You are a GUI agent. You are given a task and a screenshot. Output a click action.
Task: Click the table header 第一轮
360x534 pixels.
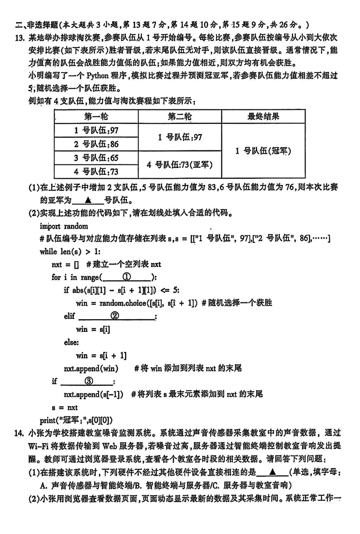click(96, 117)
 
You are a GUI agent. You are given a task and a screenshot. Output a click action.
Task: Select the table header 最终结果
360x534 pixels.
click(263, 117)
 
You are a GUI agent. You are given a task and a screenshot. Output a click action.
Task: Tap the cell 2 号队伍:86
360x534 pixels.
click(96, 144)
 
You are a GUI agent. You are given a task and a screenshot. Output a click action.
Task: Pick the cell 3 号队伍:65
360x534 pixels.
click(96, 158)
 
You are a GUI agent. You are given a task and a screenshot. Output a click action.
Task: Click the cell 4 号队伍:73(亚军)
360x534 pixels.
click(180, 164)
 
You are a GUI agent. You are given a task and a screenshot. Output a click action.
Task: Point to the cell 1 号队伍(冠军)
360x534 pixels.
click(263, 151)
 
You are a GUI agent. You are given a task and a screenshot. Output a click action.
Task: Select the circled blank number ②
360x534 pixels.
click(115, 316)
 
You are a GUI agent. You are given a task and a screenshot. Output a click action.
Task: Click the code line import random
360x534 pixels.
click(64, 226)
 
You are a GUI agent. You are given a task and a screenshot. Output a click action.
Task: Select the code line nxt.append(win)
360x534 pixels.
click(90, 368)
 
